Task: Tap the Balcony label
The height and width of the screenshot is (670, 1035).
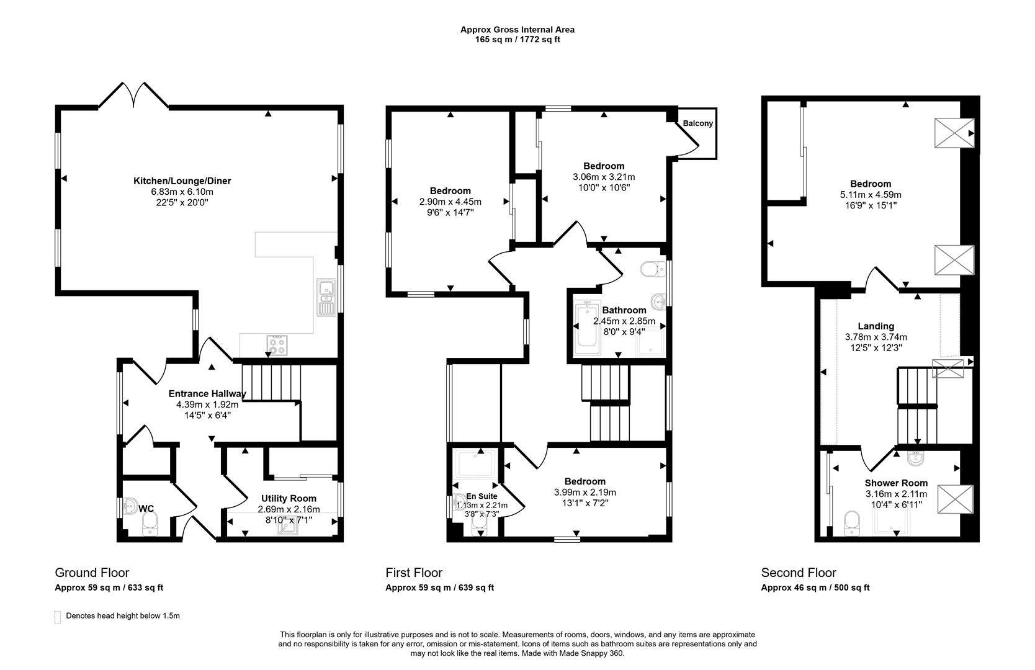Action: click(x=697, y=123)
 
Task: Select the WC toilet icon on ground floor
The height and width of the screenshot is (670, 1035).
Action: click(x=150, y=527)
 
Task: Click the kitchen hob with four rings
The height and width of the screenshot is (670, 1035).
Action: click(x=277, y=345)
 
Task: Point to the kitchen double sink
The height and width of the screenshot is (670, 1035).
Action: click(x=326, y=297)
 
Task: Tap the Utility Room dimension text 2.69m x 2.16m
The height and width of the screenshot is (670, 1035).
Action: click(x=289, y=509)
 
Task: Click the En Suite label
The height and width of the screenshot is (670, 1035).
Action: click(x=482, y=496)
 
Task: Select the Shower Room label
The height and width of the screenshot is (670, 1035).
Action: click(x=896, y=483)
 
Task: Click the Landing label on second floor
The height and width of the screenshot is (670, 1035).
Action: click(x=876, y=326)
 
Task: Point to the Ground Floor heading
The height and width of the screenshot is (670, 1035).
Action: click(x=92, y=573)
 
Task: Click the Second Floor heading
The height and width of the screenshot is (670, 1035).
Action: click(x=799, y=573)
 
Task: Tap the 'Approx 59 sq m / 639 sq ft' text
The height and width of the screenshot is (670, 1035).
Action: click(x=439, y=587)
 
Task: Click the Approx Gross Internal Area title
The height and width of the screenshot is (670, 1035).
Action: click(x=517, y=29)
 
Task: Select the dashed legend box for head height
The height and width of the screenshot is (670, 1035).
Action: click(x=58, y=617)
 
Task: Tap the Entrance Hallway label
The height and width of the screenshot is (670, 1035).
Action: click(x=207, y=394)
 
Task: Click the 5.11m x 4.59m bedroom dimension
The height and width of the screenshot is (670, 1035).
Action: click(x=870, y=194)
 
